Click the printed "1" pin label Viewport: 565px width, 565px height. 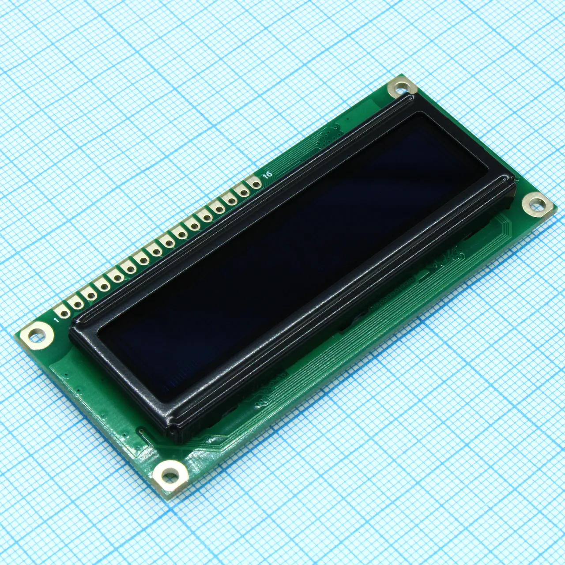[57, 319]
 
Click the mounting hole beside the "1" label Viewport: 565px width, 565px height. [37, 336]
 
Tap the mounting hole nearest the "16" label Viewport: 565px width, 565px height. [401, 87]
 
